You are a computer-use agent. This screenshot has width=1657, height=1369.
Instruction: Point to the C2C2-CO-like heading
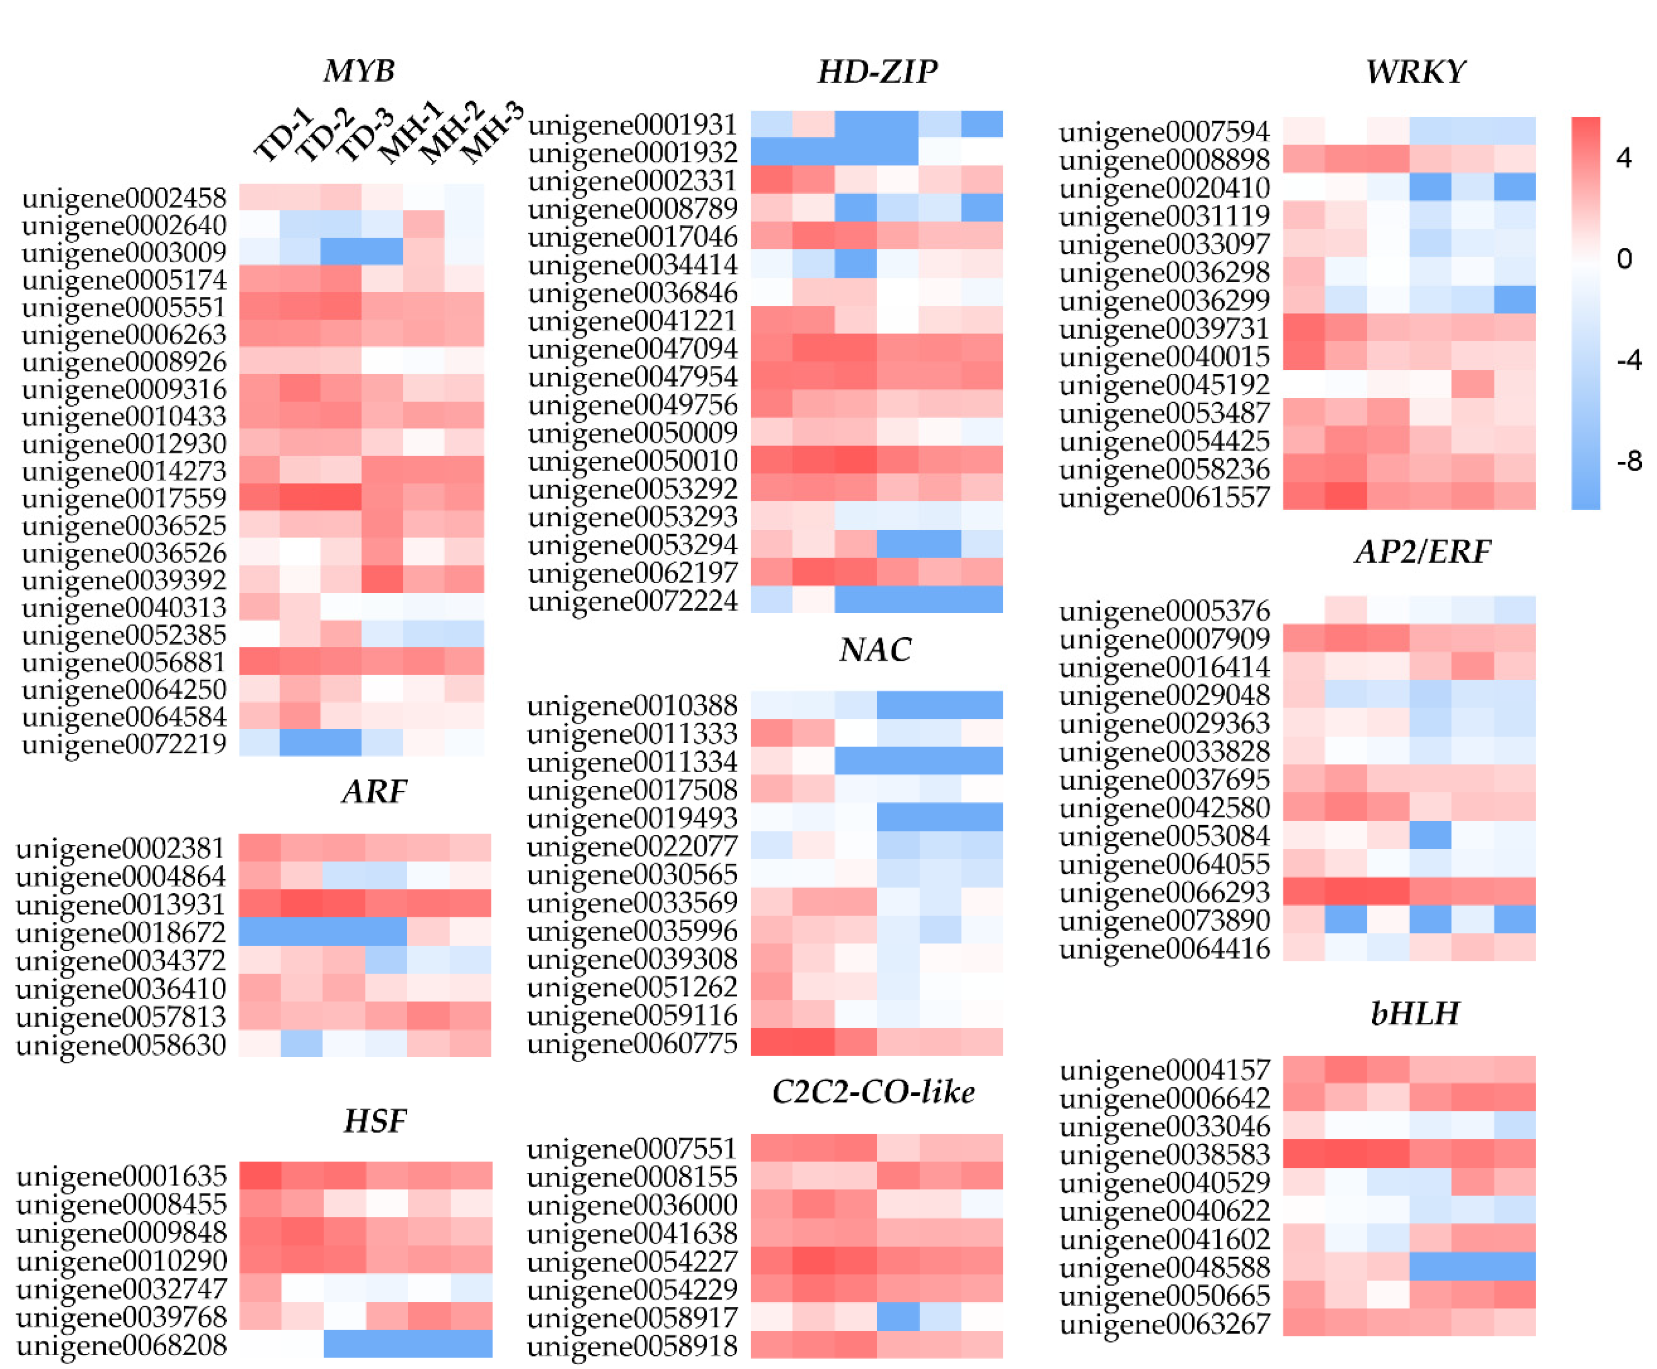pos(873,1092)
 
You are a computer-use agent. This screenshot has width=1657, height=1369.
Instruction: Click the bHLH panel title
pos(1415,1013)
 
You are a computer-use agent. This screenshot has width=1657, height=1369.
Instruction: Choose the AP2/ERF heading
pos(1422,552)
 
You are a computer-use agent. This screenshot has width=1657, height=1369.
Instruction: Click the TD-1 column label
pos(282,136)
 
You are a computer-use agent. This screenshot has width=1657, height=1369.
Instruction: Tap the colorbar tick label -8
pos(1628,461)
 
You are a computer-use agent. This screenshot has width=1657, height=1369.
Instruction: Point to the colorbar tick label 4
pos(1623,158)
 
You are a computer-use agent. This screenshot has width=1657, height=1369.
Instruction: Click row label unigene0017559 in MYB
pos(124,499)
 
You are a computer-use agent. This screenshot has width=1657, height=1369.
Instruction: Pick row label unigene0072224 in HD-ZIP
pos(633,601)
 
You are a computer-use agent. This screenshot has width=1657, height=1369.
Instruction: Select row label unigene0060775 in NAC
pos(633,1043)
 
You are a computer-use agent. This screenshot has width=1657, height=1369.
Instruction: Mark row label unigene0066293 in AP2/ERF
pos(1164,892)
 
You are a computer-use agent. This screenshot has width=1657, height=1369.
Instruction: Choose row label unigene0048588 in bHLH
pos(1164,1267)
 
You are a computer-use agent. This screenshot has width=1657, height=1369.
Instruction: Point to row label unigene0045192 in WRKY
pos(1164,385)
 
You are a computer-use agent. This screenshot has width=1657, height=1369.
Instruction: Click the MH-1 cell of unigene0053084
pos(1429,835)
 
